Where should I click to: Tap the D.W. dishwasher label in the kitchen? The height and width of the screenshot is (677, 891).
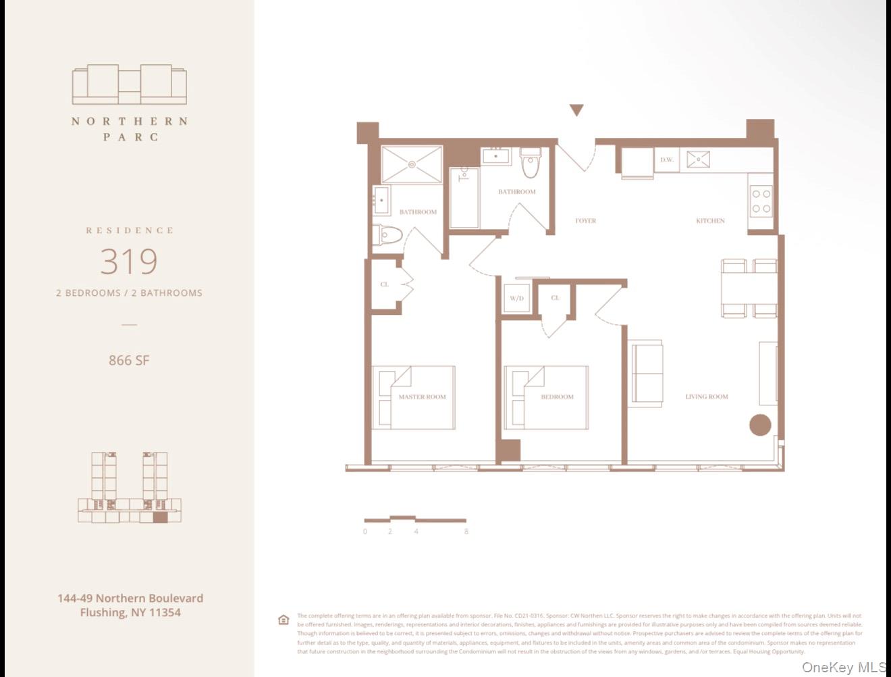coord(667,160)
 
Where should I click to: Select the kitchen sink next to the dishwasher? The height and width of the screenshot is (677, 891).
coord(698,159)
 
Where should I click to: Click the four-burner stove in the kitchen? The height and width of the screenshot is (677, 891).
coord(761,201)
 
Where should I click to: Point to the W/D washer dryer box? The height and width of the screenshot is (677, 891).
coord(517,298)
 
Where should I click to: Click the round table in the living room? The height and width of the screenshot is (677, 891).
coord(760,425)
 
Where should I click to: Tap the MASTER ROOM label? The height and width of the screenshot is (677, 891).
coord(422,397)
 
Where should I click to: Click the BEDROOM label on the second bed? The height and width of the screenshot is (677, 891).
coord(557,397)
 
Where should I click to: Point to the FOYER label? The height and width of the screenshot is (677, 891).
coord(585,221)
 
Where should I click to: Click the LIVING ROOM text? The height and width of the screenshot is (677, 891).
coord(707,397)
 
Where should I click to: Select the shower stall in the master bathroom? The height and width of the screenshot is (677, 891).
coord(412,164)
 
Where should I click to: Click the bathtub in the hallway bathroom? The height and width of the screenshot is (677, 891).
coord(464,197)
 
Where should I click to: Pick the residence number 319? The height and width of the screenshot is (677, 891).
coord(129,261)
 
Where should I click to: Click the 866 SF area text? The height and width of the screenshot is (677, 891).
coord(129,360)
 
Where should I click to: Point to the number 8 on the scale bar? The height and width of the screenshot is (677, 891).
coord(466,532)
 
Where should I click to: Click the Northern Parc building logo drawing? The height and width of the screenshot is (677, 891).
coord(130,84)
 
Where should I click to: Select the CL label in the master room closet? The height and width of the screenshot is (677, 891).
coord(385,284)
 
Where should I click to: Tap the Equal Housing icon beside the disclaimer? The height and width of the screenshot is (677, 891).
coord(283,620)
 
